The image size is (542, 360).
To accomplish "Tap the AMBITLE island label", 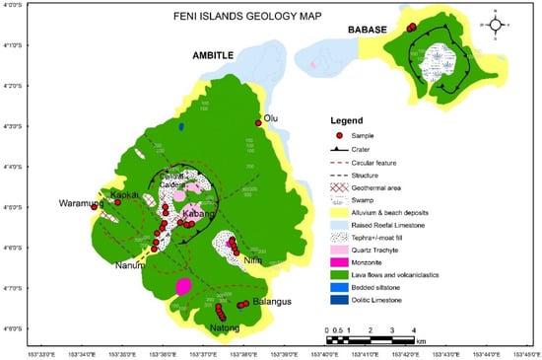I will tap(217, 57).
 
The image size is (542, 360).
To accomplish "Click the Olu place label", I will tap(272, 117).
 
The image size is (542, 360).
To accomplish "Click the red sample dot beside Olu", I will tap(258, 123).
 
